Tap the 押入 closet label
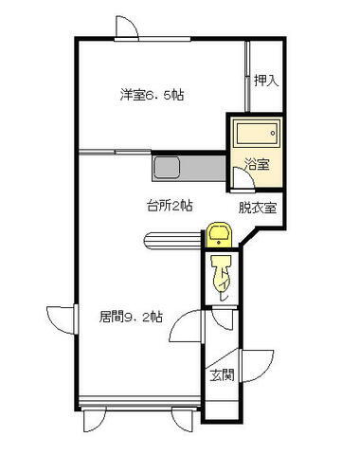[266, 82]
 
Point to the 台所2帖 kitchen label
[170, 206]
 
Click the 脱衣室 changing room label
[257, 208]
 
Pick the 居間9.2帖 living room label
[130, 317]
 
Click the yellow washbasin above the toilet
[219, 233]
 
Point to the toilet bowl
[220, 278]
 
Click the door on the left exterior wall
[59, 318]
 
